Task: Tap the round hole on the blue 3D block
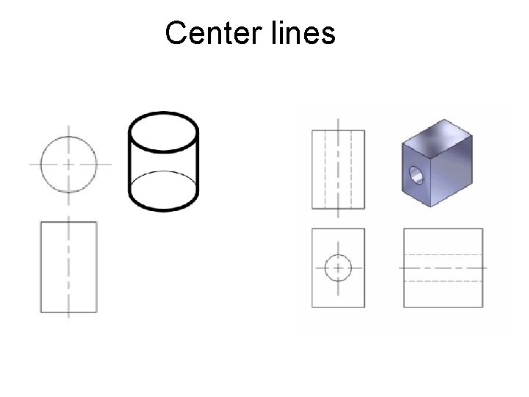click(417, 176)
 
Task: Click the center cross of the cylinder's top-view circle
click(69, 162)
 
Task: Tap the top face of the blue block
click(441, 132)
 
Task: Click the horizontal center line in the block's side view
click(444, 268)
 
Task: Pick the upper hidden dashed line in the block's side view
click(444, 254)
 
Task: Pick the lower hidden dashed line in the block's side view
click(444, 281)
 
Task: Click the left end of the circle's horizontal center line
click(32, 162)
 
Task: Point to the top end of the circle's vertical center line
click(69, 127)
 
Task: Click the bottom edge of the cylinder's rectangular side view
click(69, 312)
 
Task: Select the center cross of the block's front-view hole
click(338, 268)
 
